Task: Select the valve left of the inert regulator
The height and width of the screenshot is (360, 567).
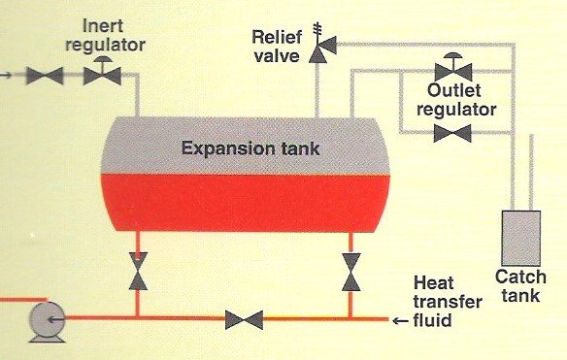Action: [x=44, y=75]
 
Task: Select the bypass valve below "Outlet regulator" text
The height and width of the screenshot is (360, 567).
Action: [x=450, y=133]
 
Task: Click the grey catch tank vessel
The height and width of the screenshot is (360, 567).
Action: [x=520, y=234]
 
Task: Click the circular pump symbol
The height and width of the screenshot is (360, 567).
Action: [x=46, y=319]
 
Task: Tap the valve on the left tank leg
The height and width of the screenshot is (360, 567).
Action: [x=139, y=271]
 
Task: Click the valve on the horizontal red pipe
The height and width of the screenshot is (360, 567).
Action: [x=244, y=318]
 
